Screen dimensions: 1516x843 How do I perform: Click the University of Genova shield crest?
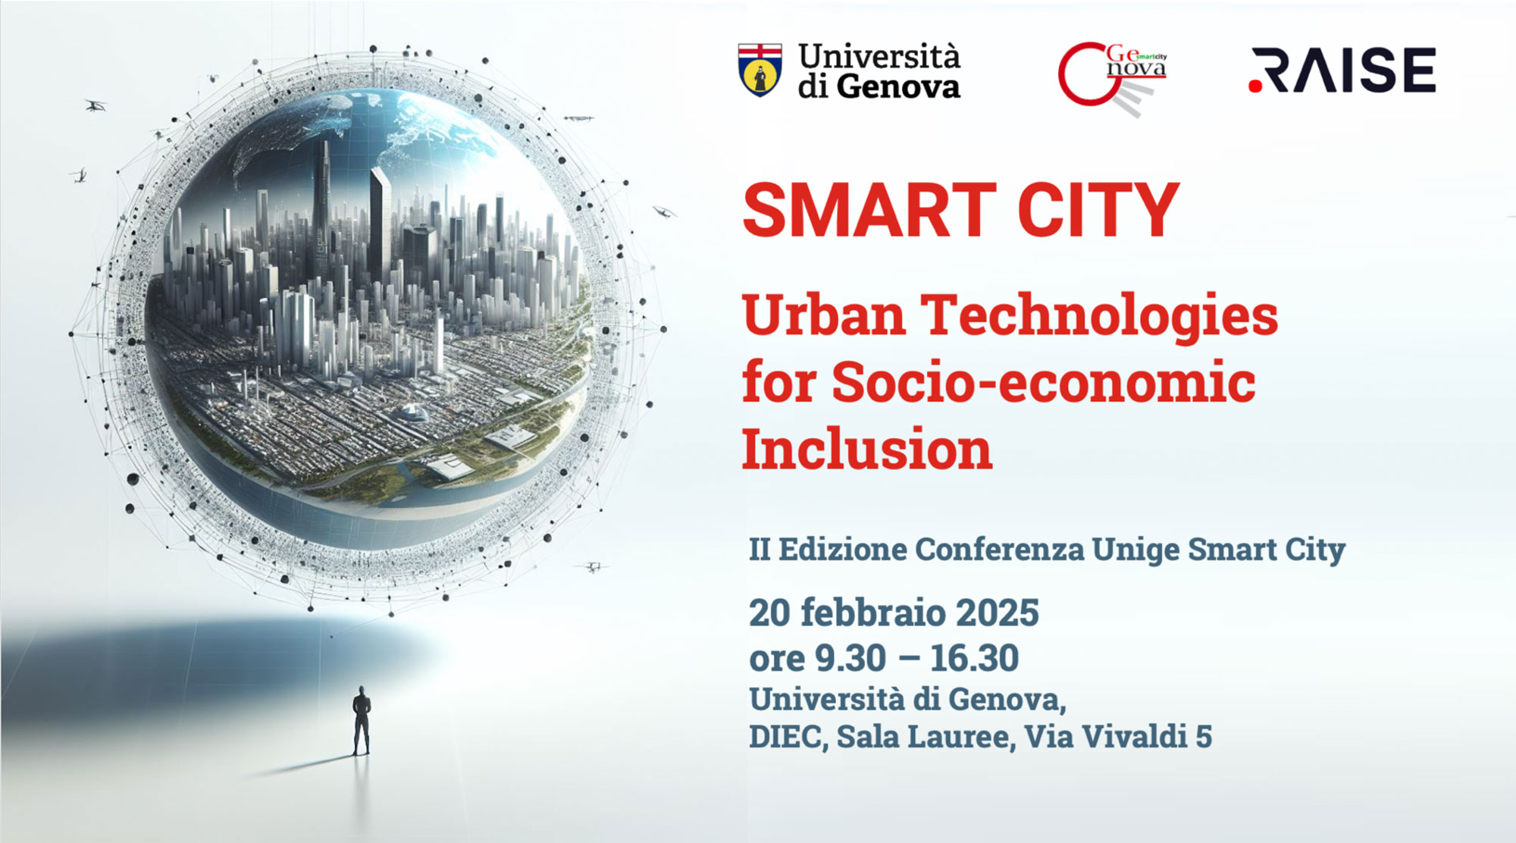click(760, 70)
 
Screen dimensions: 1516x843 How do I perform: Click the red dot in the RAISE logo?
click(1255, 86)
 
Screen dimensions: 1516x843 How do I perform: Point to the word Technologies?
click(1099, 317)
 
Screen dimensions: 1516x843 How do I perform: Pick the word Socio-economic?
click(1044, 381)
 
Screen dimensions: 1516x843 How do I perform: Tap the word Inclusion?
click(867, 449)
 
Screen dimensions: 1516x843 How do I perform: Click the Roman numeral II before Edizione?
click(760, 549)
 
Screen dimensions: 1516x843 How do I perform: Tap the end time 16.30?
click(974, 658)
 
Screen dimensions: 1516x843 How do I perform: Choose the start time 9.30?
click(850, 658)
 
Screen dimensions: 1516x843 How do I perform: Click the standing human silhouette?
click(362, 721)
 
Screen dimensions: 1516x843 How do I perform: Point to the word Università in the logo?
click(879, 57)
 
